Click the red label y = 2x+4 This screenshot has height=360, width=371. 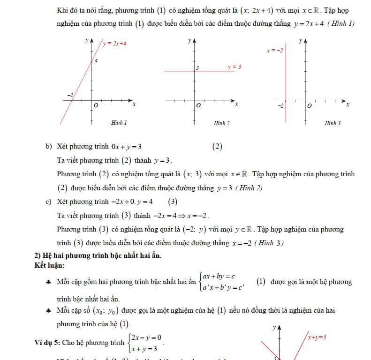point(115,44)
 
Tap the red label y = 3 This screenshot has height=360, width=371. point(234,67)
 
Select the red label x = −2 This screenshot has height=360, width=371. point(274,50)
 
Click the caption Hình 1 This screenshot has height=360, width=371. point(119,123)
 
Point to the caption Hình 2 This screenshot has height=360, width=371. point(221,123)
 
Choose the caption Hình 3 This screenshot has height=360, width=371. point(333,123)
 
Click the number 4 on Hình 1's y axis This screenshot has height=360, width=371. point(96,60)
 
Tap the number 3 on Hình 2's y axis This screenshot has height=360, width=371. point(198,68)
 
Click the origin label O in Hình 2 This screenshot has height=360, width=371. point(198,105)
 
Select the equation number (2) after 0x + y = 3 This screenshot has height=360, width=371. point(217,146)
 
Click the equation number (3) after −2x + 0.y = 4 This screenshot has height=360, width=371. point(173,202)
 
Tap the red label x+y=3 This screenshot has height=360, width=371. point(317,337)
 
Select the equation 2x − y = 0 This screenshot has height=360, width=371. point(146,337)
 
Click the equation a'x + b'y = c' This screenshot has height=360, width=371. point(223,288)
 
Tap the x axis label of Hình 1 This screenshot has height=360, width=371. point(134,104)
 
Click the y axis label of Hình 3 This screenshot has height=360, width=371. point(300,41)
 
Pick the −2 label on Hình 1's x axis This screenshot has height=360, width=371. point(70,95)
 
